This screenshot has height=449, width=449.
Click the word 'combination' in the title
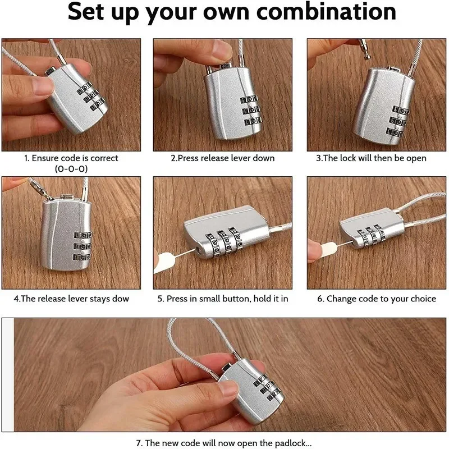(x=326, y=12)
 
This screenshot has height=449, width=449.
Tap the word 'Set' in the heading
(x=85, y=12)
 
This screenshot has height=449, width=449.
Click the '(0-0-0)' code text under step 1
(x=71, y=169)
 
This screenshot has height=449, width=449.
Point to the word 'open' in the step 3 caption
(x=417, y=159)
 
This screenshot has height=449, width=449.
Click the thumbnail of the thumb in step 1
(x=43, y=85)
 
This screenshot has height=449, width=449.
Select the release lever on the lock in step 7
(x=227, y=368)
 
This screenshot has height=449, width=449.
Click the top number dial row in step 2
(x=249, y=100)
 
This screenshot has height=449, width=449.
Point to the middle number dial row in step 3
(x=398, y=121)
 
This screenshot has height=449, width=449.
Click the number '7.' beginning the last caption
(x=139, y=443)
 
